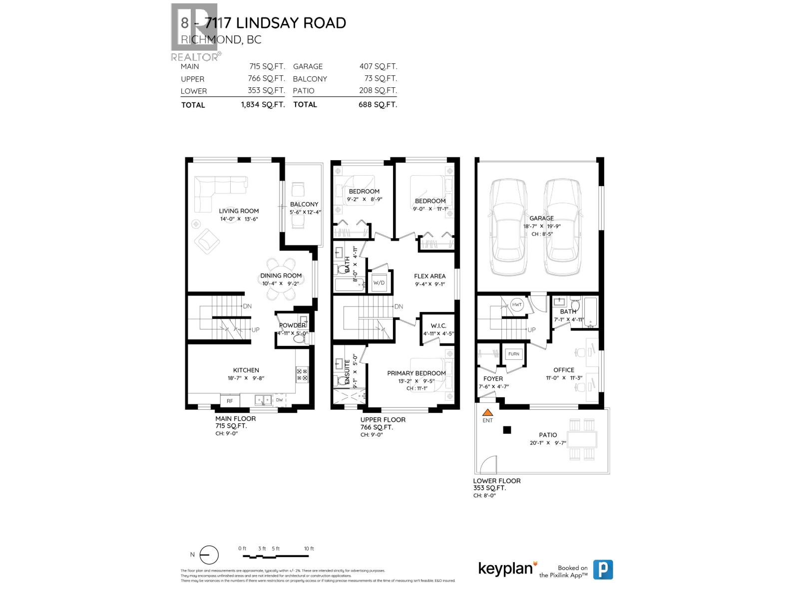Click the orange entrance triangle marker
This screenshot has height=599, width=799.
click(x=487, y=413)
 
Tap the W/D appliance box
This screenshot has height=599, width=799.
click(x=379, y=283)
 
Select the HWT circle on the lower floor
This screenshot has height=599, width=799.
click(x=517, y=305)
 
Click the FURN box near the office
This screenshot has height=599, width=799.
click(x=513, y=354)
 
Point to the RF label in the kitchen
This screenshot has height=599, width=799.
click(x=230, y=401)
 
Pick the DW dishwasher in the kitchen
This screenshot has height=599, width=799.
click(x=279, y=400)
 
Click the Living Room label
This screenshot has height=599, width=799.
click(x=239, y=211)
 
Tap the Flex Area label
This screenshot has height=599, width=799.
click(x=429, y=276)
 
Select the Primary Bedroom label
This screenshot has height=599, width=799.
click(x=416, y=373)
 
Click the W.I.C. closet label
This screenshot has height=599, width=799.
click(x=438, y=325)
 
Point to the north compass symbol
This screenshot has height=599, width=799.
click(x=209, y=555)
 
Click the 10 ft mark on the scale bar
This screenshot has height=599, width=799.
click(x=309, y=549)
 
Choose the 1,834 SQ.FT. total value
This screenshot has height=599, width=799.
click(x=263, y=105)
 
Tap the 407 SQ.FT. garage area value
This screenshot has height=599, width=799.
click(x=378, y=66)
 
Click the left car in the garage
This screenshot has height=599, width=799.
click(x=509, y=227)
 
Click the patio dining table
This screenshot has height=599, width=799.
click(x=583, y=439)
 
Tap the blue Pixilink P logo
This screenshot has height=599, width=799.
click(x=603, y=570)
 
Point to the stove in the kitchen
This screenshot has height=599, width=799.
click(x=302, y=374)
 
